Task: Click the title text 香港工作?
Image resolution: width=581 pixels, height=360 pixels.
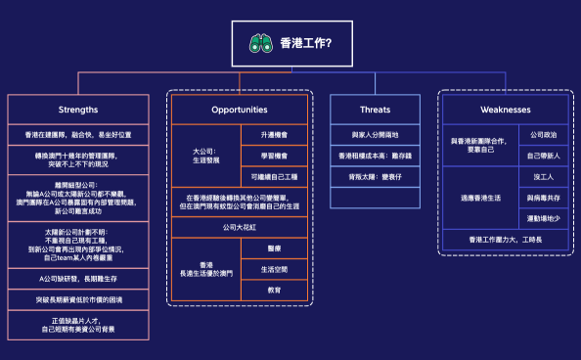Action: point(305,43)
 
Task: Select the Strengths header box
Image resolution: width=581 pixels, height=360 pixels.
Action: point(78,109)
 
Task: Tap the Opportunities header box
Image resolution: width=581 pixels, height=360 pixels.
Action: point(240,109)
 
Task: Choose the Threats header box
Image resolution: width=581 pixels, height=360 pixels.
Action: point(375,109)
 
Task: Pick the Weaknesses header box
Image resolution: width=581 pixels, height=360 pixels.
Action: point(506,109)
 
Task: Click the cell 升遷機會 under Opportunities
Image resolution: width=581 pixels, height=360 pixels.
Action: point(273,134)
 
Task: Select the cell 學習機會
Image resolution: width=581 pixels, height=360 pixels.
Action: point(273,156)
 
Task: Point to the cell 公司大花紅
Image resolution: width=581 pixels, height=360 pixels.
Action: point(240,226)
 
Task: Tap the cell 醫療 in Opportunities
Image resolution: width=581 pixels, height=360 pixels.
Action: point(273,248)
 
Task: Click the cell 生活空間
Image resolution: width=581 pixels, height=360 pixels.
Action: point(273,269)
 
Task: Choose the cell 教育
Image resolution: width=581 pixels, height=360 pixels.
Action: point(273,291)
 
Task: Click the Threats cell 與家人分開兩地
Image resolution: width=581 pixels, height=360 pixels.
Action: point(375,134)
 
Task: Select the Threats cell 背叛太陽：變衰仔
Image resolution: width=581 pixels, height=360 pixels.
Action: point(375,177)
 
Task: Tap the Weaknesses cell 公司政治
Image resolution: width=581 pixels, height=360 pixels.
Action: point(543,134)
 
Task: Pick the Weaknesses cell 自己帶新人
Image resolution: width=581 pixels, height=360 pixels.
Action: point(543,156)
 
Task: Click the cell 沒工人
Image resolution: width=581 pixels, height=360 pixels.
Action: point(543,177)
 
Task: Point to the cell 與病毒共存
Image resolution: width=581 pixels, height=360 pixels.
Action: point(543,198)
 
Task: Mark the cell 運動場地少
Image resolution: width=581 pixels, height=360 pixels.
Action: point(543,219)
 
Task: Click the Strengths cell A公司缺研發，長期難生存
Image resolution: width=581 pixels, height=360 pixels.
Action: point(78,278)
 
